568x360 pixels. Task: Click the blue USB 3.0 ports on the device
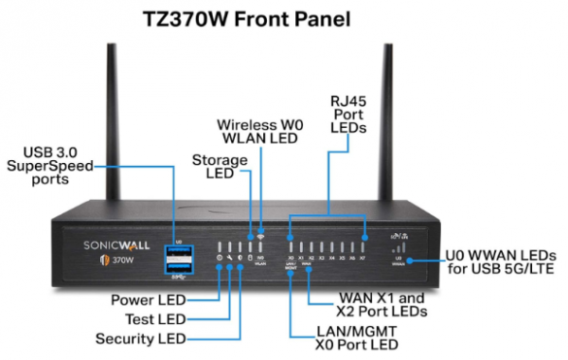pos(177,259)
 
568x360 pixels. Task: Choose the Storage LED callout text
pos(217,167)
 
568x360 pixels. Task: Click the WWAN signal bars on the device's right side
pos(398,248)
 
